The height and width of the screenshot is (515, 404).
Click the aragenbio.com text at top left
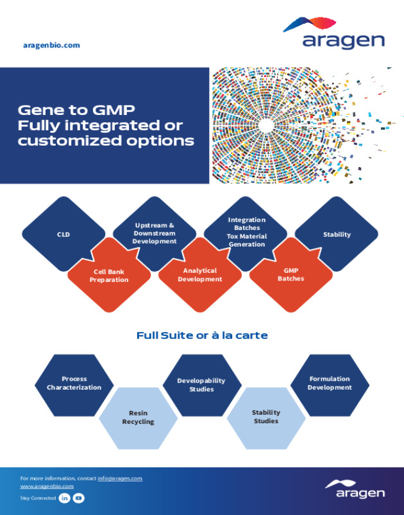point(51,45)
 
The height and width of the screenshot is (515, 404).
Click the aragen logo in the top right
point(334,34)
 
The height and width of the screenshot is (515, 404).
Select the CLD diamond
point(63,234)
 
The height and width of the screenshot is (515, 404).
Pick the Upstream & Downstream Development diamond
point(155,233)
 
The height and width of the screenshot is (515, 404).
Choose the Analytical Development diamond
point(200,275)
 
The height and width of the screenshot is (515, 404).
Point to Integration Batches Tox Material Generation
point(246,232)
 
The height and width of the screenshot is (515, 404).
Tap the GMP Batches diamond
point(290,275)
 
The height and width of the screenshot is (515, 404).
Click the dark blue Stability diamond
point(337,234)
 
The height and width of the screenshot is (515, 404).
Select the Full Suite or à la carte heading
point(202,335)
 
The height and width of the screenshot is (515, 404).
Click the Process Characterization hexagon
point(74,383)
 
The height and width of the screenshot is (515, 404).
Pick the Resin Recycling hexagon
point(138,417)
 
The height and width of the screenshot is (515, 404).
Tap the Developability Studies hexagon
point(202,385)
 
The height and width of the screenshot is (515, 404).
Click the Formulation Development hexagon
point(330,383)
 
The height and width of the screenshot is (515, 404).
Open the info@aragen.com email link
point(120,478)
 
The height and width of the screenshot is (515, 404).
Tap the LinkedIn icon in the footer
point(65,498)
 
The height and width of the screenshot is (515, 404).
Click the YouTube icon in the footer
point(78,498)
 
